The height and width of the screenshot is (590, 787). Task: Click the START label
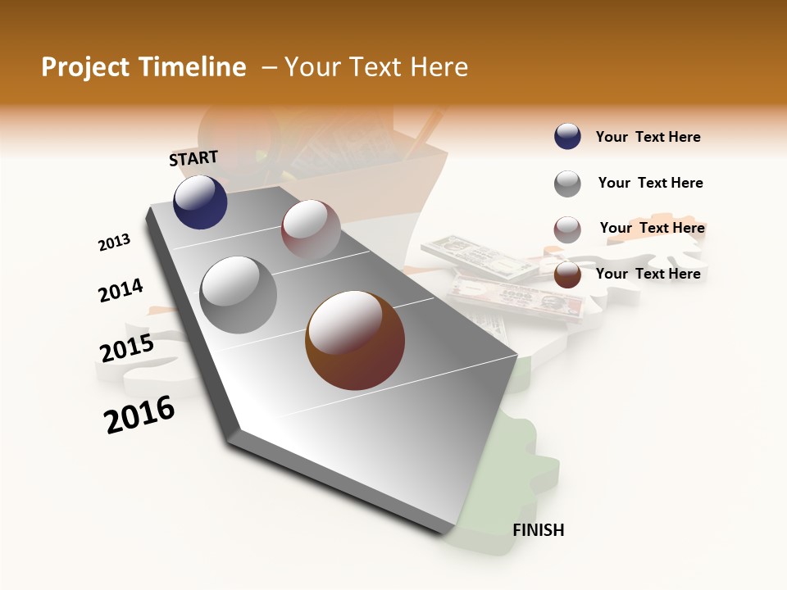193,158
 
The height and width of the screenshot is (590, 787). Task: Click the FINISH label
538,530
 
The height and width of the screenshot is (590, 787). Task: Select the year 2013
114,243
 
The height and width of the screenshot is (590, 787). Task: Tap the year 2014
121,291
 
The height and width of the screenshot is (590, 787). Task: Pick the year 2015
127,348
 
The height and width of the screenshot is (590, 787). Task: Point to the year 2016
139,415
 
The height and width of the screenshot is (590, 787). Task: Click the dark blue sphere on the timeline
200,202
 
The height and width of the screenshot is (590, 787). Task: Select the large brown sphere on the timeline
355,340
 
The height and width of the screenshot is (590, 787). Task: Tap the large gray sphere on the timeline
239,294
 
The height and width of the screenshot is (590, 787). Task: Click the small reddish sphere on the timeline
311,229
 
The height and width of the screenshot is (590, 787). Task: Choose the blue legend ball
567,137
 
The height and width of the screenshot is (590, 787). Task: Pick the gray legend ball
567,184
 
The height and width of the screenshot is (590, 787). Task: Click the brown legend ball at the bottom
567,275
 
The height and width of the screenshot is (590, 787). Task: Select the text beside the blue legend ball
648,137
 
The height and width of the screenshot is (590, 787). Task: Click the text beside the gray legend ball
650,183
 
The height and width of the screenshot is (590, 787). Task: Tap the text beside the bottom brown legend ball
648,274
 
